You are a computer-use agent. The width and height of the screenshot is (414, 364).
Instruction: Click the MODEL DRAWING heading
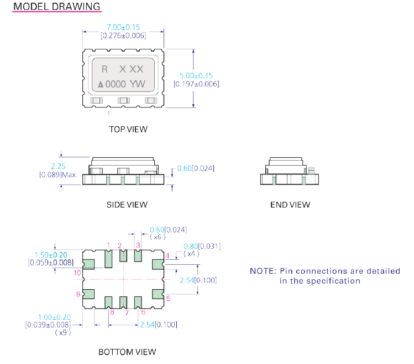click(56, 7)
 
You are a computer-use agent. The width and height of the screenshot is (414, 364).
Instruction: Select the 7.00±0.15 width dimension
click(123, 27)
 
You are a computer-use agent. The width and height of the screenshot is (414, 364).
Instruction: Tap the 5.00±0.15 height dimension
click(197, 75)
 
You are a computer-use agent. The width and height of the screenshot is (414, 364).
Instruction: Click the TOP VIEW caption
click(128, 129)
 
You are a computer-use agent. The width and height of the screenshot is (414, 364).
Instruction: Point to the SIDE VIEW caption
click(127, 204)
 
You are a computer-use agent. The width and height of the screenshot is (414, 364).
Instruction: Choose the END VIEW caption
click(290, 204)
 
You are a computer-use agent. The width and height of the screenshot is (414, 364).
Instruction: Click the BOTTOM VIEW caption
click(127, 352)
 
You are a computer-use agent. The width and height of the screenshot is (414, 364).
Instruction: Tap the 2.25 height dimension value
click(59, 166)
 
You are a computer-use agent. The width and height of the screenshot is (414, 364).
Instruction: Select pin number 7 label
click(126, 312)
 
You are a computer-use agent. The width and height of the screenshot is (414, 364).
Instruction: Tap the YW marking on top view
click(138, 84)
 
